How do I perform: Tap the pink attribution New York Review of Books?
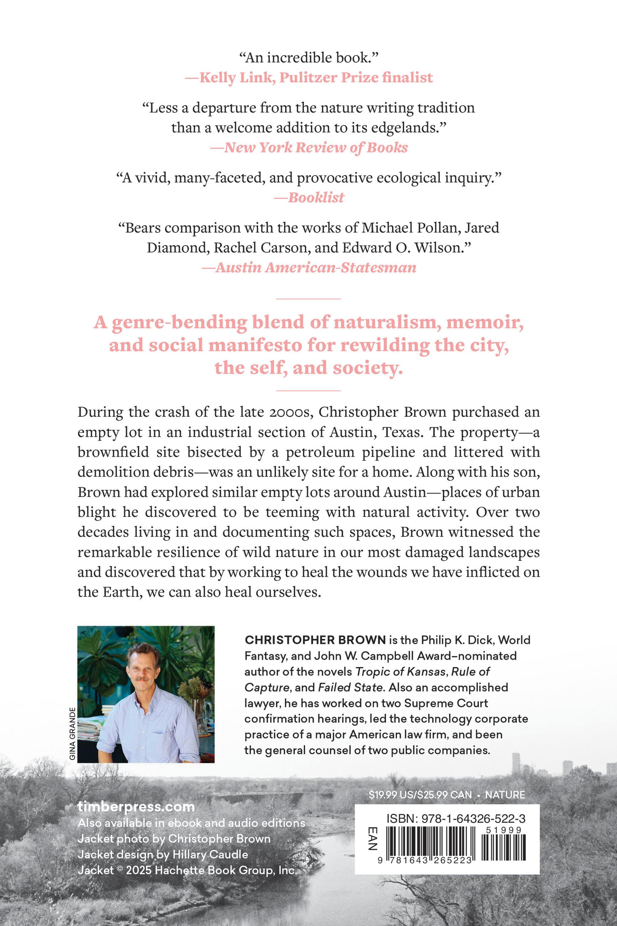[x=309, y=147]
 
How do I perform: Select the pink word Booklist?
[x=316, y=197]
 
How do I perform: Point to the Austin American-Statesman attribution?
[x=309, y=267]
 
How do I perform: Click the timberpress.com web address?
[x=136, y=807]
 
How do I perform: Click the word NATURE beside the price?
[x=505, y=795]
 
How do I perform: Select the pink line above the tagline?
[x=308, y=299]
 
